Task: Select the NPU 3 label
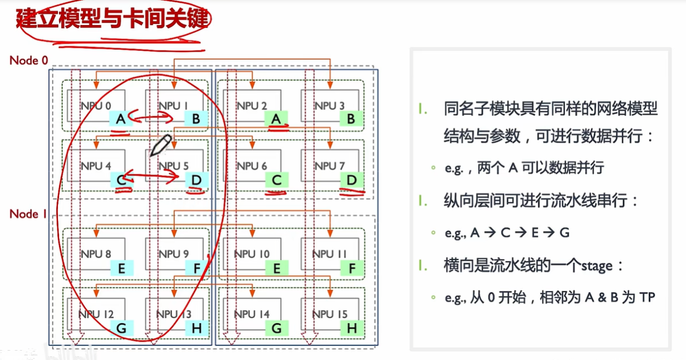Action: (330, 106)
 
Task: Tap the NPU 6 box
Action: (252, 166)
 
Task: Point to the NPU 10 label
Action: (252, 253)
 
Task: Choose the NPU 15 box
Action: (330, 314)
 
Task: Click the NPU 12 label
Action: (96, 314)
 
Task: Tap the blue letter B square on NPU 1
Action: (196, 119)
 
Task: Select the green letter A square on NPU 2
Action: (276, 119)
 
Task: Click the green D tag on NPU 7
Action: (351, 180)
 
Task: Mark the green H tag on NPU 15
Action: (351, 328)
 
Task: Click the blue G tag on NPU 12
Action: (121, 328)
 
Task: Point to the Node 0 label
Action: (28, 60)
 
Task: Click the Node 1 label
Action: (28, 214)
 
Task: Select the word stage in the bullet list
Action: (596, 265)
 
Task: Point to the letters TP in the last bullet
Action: (646, 297)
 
